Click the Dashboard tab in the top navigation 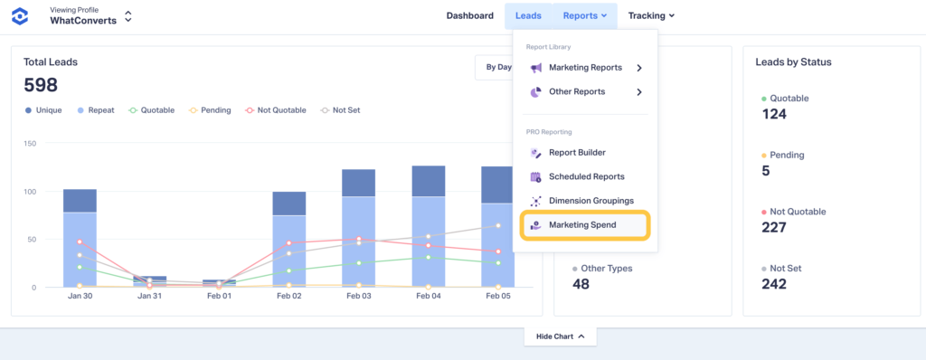click(x=469, y=15)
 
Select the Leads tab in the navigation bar click(x=528, y=15)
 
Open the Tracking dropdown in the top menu click(x=651, y=15)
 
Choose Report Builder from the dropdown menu click(x=576, y=153)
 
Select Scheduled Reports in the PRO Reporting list click(x=585, y=177)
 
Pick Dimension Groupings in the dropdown click(x=591, y=201)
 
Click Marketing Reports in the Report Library click(x=585, y=68)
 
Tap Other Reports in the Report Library click(x=576, y=91)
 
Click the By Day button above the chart click(x=496, y=68)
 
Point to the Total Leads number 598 click(x=42, y=85)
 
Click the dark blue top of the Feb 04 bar click(x=429, y=181)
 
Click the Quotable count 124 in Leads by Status click(x=775, y=115)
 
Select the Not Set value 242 click(x=775, y=283)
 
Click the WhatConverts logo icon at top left click(x=22, y=16)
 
